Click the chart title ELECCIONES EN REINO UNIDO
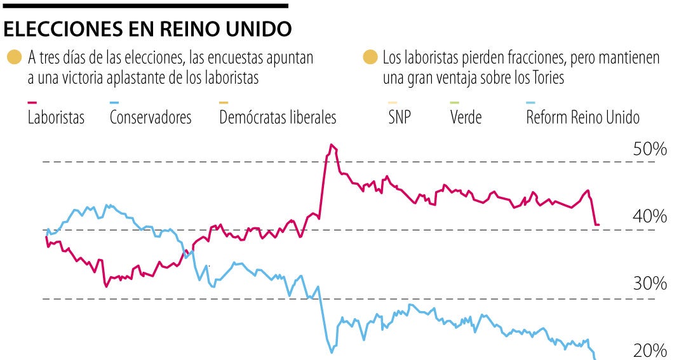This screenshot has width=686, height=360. coord(147,29)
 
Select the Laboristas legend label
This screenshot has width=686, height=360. coord(56,117)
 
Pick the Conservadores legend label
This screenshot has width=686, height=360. coord(151,117)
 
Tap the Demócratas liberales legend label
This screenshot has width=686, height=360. coord(278,117)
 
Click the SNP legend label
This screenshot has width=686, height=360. coord(399,117)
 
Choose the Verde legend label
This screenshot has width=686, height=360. coord(466,117)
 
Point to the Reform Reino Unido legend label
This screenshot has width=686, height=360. coord(582,117)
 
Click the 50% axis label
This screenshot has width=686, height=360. coord(650,150)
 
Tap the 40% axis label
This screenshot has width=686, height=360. coord(650,217)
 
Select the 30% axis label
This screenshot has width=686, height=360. coord(650,284)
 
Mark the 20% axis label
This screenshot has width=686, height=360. coord(650,351)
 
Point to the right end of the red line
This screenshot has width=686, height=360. coord(599,225)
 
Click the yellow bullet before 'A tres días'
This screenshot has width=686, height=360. coord(14,58)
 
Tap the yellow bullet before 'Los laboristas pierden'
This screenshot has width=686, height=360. coord(370,58)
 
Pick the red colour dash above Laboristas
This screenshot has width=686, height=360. coord(32,103)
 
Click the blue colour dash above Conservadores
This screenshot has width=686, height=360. coord(114,103)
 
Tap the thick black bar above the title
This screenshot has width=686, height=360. coord(145,6)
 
